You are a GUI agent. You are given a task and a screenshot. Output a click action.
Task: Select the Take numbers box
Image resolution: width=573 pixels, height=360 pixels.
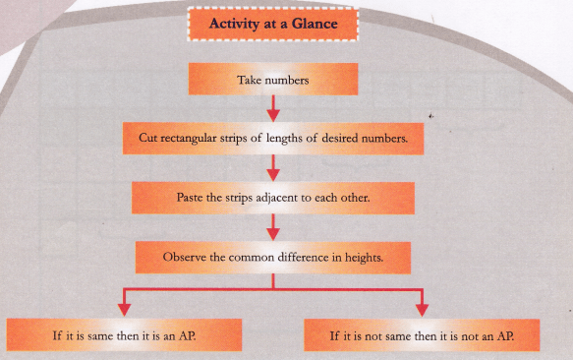273,81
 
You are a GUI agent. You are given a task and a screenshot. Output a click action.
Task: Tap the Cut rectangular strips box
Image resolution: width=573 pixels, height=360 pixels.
273,140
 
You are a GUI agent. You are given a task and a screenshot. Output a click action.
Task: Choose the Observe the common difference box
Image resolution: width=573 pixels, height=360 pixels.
273,260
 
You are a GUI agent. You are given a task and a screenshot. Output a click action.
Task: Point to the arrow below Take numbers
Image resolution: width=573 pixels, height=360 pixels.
273,109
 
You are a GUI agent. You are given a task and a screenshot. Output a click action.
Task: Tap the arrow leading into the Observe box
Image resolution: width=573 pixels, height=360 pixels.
273,229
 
